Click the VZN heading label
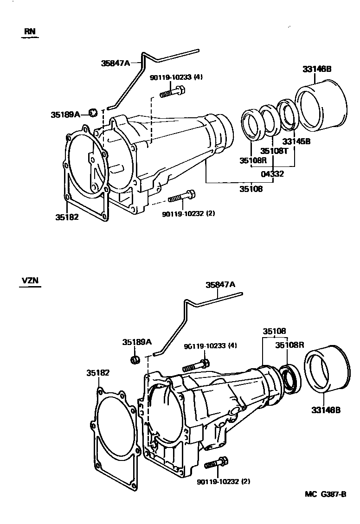point(29,281)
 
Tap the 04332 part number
point(272,174)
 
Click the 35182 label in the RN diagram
point(66,217)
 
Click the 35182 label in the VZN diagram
point(98,372)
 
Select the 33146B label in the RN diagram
point(317,69)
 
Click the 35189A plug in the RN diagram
point(93,112)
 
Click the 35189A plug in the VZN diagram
point(135,360)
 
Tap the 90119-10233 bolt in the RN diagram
point(173,94)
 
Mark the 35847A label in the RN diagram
point(116,63)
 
